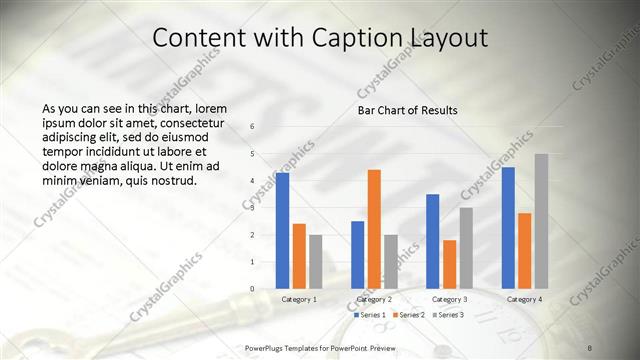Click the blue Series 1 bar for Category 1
(283, 230)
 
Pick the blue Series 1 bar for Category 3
(433, 240)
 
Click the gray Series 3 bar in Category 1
(316, 261)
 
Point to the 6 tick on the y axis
(252, 126)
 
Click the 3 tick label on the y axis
(252, 207)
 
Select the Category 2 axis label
(374, 299)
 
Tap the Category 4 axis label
(525, 299)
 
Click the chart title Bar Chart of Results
(408, 109)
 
